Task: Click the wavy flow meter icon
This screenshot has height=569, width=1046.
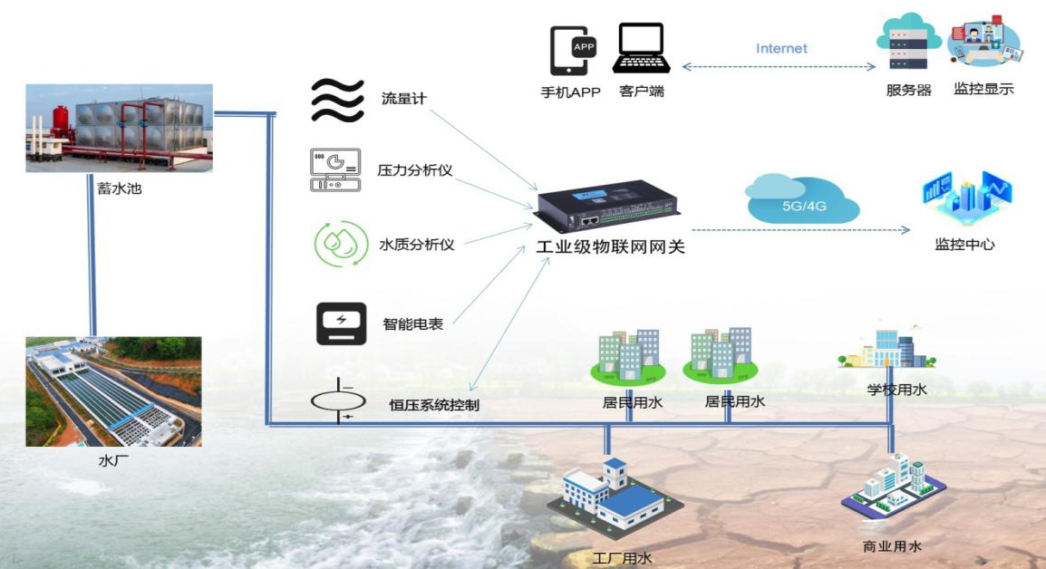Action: (337, 100)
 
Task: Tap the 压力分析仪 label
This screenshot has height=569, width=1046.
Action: (415, 169)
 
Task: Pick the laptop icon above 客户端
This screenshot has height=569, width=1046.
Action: (642, 48)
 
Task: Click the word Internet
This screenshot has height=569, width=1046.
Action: (781, 48)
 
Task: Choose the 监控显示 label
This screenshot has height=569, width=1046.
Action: (983, 89)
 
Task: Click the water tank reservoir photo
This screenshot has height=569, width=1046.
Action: (119, 128)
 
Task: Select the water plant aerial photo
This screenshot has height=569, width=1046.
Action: (113, 391)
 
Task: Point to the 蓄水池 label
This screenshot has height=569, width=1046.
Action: (120, 189)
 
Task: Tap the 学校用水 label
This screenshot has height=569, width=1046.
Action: (896, 390)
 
